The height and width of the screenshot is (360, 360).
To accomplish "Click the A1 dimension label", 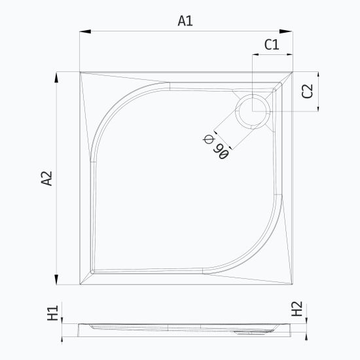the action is tap(185, 21).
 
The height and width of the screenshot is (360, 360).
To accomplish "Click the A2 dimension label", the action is tap(47, 178).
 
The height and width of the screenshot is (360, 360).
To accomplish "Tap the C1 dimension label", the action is tap(272, 45).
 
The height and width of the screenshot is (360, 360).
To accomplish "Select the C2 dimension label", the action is tap(308, 91).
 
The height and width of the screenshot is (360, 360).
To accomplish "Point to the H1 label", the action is tap(53, 313).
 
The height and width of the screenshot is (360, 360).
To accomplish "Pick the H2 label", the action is tap(297, 309).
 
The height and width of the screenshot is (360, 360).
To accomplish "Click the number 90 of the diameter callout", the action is tap(221, 151).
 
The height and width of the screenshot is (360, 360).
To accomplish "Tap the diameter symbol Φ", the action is tap(208, 139).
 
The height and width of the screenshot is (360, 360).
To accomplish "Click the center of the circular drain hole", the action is tap(253, 111).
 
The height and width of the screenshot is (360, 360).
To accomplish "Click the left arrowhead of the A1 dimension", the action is tap(85, 31).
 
